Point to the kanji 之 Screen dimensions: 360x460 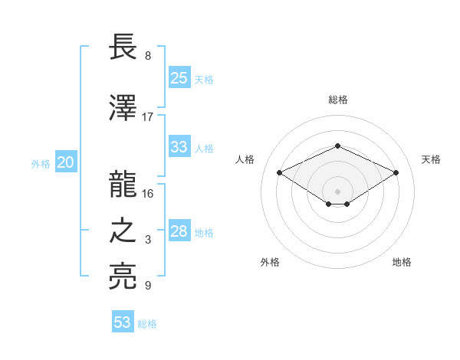[x=123, y=232]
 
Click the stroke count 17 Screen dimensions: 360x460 [x=148, y=116]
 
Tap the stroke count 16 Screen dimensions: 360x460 [x=148, y=193]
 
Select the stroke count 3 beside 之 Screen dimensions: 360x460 [x=148, y=240]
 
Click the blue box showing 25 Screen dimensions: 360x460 [x=179, y=77]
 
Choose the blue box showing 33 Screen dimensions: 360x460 [x=179, y=147]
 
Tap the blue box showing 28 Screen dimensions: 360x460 [x=179, y=232]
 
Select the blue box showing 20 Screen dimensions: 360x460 [x=66, y=162]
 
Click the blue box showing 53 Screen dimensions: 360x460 [x=123, y=322]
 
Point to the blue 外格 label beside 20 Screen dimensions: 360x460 [x=41, y=163]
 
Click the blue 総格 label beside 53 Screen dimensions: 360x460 [x=148, y=323]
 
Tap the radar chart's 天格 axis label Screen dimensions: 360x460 [x=431, y=159]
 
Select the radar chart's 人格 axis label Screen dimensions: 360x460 [x=245, y=159]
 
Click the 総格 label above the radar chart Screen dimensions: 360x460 [x=337, y=100]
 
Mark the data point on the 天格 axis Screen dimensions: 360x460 [x=396, y=172]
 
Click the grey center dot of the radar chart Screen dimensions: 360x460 [x=337, y=191]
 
